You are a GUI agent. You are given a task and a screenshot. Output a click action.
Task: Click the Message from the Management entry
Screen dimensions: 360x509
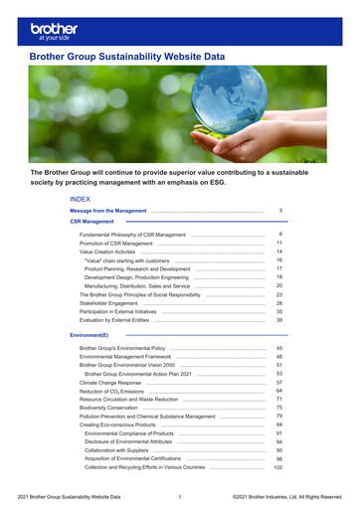click(107, 212)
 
